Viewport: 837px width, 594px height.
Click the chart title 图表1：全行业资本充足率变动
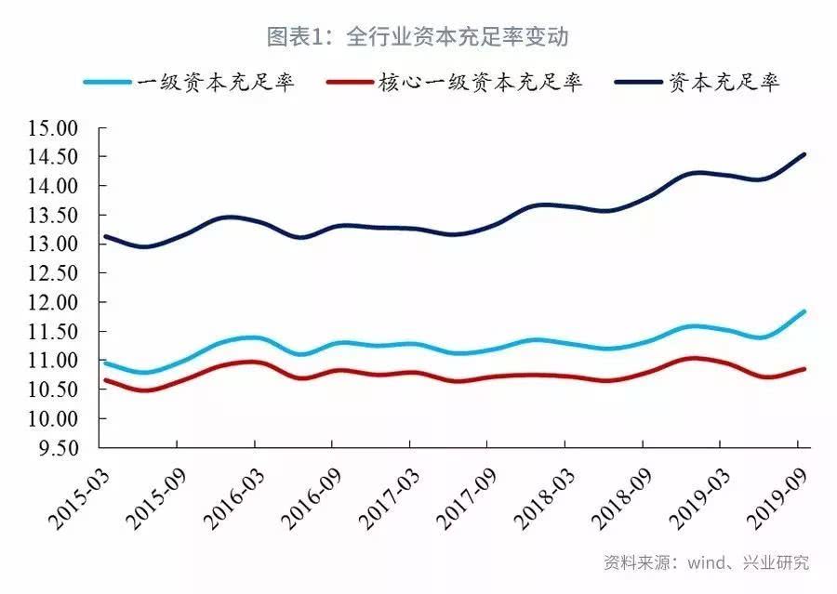[418, 37]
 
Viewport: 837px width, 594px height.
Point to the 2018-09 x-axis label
[611, 493]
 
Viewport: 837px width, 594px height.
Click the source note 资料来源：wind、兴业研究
[706, 562]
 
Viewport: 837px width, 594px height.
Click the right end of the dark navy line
[804, 154]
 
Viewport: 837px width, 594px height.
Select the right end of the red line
[804, 369]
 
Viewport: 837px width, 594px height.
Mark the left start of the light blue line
[104, 363]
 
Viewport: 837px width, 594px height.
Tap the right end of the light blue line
[804, 311]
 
